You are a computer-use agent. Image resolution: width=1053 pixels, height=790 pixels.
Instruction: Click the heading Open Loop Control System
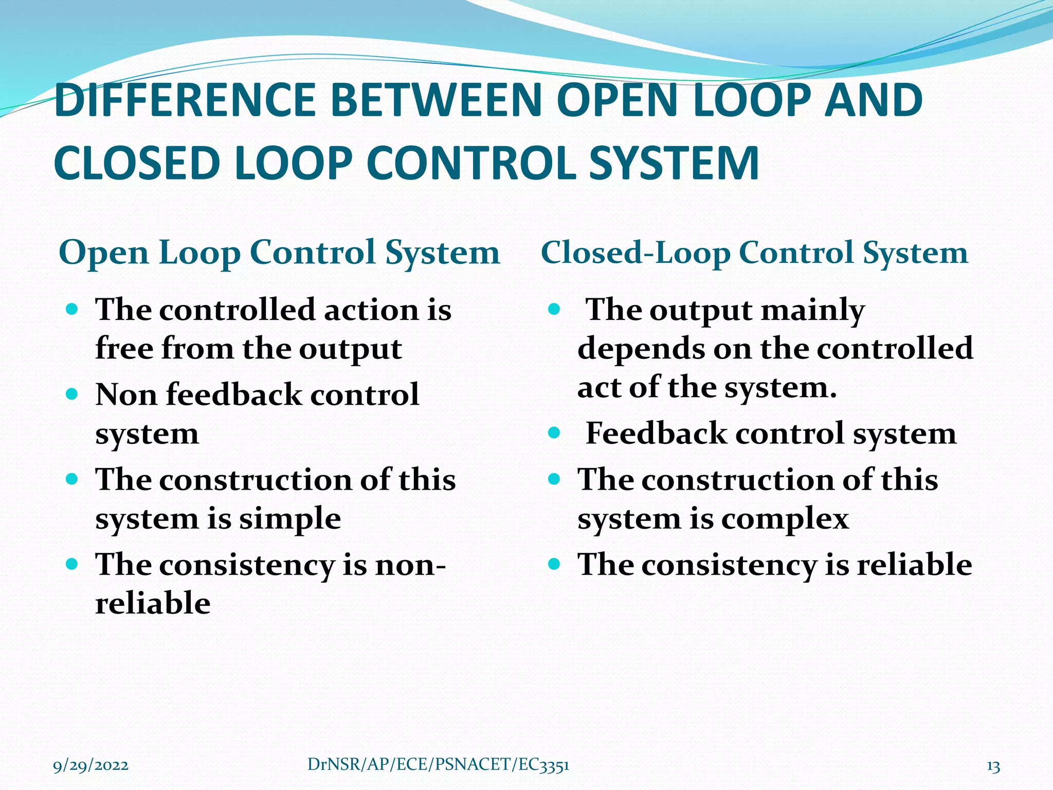pyautogui.click(x=279, y=253)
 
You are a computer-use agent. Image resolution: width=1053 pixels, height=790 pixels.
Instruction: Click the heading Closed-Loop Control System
pyautogui.click(x=754, y=253)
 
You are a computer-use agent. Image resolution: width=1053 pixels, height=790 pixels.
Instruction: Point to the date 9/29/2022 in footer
pyautogui.click(x=91, y=765)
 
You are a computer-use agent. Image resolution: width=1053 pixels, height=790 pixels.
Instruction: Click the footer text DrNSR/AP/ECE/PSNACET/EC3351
pyautogui.click(x=438, y=765)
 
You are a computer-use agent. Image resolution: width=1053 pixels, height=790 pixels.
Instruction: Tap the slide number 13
pyautogui.click(x=993, y=766)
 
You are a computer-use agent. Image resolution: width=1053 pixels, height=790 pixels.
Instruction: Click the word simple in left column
pyautogui.click(x=289, y=518)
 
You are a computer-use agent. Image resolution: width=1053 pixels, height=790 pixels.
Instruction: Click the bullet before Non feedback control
pyautogui.click(x=72, y=394)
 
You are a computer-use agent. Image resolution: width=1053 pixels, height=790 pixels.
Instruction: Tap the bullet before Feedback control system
pyautogui.click(x=554, y=433)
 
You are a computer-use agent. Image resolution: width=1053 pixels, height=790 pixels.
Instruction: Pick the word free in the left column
pyautogui.click(x=124, y=349)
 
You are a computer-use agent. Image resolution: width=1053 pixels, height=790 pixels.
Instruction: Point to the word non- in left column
pyautogui.click(x=410, y=565)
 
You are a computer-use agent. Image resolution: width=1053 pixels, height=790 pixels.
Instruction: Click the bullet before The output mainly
pyautogui.click(x=554, y=310)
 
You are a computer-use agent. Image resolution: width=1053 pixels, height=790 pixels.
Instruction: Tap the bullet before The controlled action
pyautogui.click(x=72, y=310)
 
